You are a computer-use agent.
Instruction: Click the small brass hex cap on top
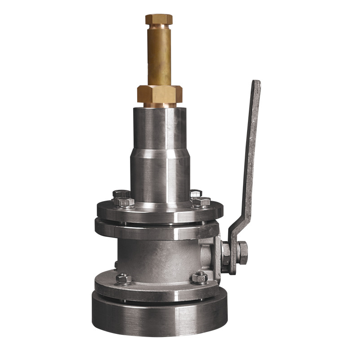click(x=159, y=19)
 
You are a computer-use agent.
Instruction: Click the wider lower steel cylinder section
click(x=160, y=178)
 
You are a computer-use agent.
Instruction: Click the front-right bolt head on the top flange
click(x=201, y=202)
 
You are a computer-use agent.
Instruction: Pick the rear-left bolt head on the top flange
click(x=121, y=194)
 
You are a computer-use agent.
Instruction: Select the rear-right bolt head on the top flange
click(x=196, y=194)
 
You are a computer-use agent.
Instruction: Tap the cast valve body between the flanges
click(x=157, y=259)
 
